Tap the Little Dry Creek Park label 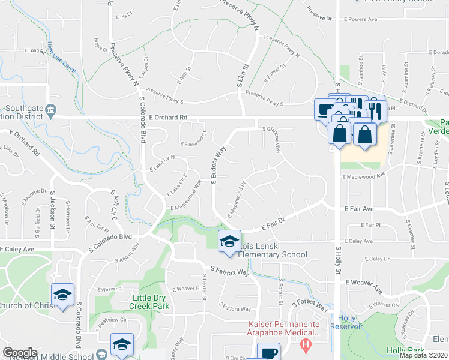point(149,301)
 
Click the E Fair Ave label point(359,209)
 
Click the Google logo point(20,353)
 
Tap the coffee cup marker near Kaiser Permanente point(268,352)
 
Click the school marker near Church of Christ point(63,295)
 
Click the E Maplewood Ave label point(364,177)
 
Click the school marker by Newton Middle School point(122,344)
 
